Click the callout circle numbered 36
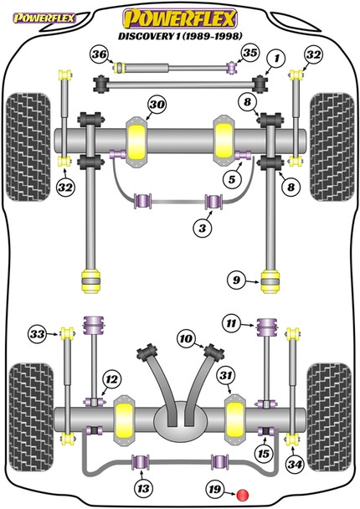[x=100, y=55]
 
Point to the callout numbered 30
[x=156, y=104]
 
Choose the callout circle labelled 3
[x=202, y=228]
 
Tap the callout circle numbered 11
[x=232, y=321]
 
